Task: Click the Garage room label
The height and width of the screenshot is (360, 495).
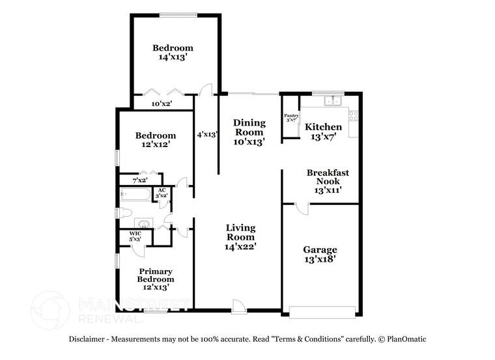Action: click(320, 250)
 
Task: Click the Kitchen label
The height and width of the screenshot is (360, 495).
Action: click(323, 127)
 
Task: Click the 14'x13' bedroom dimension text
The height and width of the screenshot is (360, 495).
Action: click(173, 57)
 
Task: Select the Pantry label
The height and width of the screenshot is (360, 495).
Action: click(290, 116)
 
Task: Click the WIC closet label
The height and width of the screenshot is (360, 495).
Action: click(135, 233)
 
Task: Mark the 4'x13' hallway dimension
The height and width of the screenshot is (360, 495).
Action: click(206, 135)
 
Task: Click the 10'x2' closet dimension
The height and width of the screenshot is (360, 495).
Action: click(162, 103)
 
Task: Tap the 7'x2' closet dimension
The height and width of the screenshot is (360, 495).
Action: click(140, 180)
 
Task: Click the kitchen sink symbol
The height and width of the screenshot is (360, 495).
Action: click(333, 101)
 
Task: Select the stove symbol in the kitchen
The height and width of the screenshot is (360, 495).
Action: click(354, 117)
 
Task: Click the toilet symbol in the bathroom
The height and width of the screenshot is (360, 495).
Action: click(126, 213)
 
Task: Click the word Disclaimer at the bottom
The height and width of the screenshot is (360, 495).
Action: click(91, 339)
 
